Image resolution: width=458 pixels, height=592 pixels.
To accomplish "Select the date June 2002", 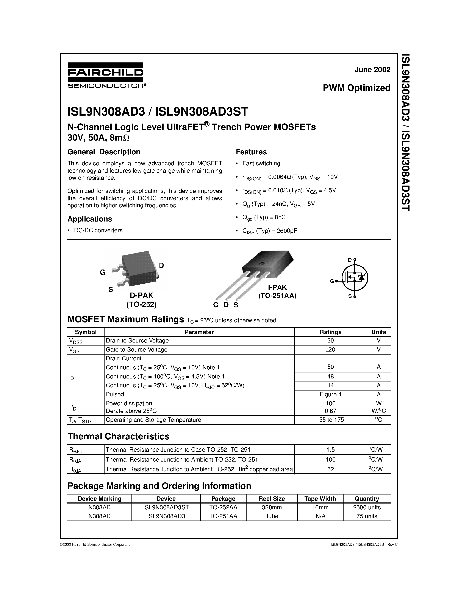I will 372,70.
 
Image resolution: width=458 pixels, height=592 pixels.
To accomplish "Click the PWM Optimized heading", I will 356,88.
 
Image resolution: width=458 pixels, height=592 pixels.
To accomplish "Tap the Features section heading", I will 251,152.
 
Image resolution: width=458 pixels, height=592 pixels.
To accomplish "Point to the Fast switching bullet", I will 261,163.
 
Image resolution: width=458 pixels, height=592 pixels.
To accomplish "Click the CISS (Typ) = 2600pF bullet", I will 269,231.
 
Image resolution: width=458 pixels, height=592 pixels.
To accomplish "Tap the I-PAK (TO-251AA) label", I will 277,291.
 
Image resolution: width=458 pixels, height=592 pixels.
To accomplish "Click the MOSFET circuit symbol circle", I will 355,278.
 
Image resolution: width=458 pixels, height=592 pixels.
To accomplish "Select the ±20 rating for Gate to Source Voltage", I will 330,350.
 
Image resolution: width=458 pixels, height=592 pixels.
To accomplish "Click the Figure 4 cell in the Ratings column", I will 330,394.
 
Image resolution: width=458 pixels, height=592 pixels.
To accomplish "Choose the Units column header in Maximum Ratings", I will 378,332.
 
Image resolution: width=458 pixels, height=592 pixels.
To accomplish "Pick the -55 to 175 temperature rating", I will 330,420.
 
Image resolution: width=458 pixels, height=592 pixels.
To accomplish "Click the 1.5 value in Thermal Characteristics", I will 330,450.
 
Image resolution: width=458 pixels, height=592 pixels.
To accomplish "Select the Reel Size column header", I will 272,499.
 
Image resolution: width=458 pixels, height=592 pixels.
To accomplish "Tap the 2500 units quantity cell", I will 367,507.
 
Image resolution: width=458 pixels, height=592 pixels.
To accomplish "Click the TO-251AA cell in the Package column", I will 223,516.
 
